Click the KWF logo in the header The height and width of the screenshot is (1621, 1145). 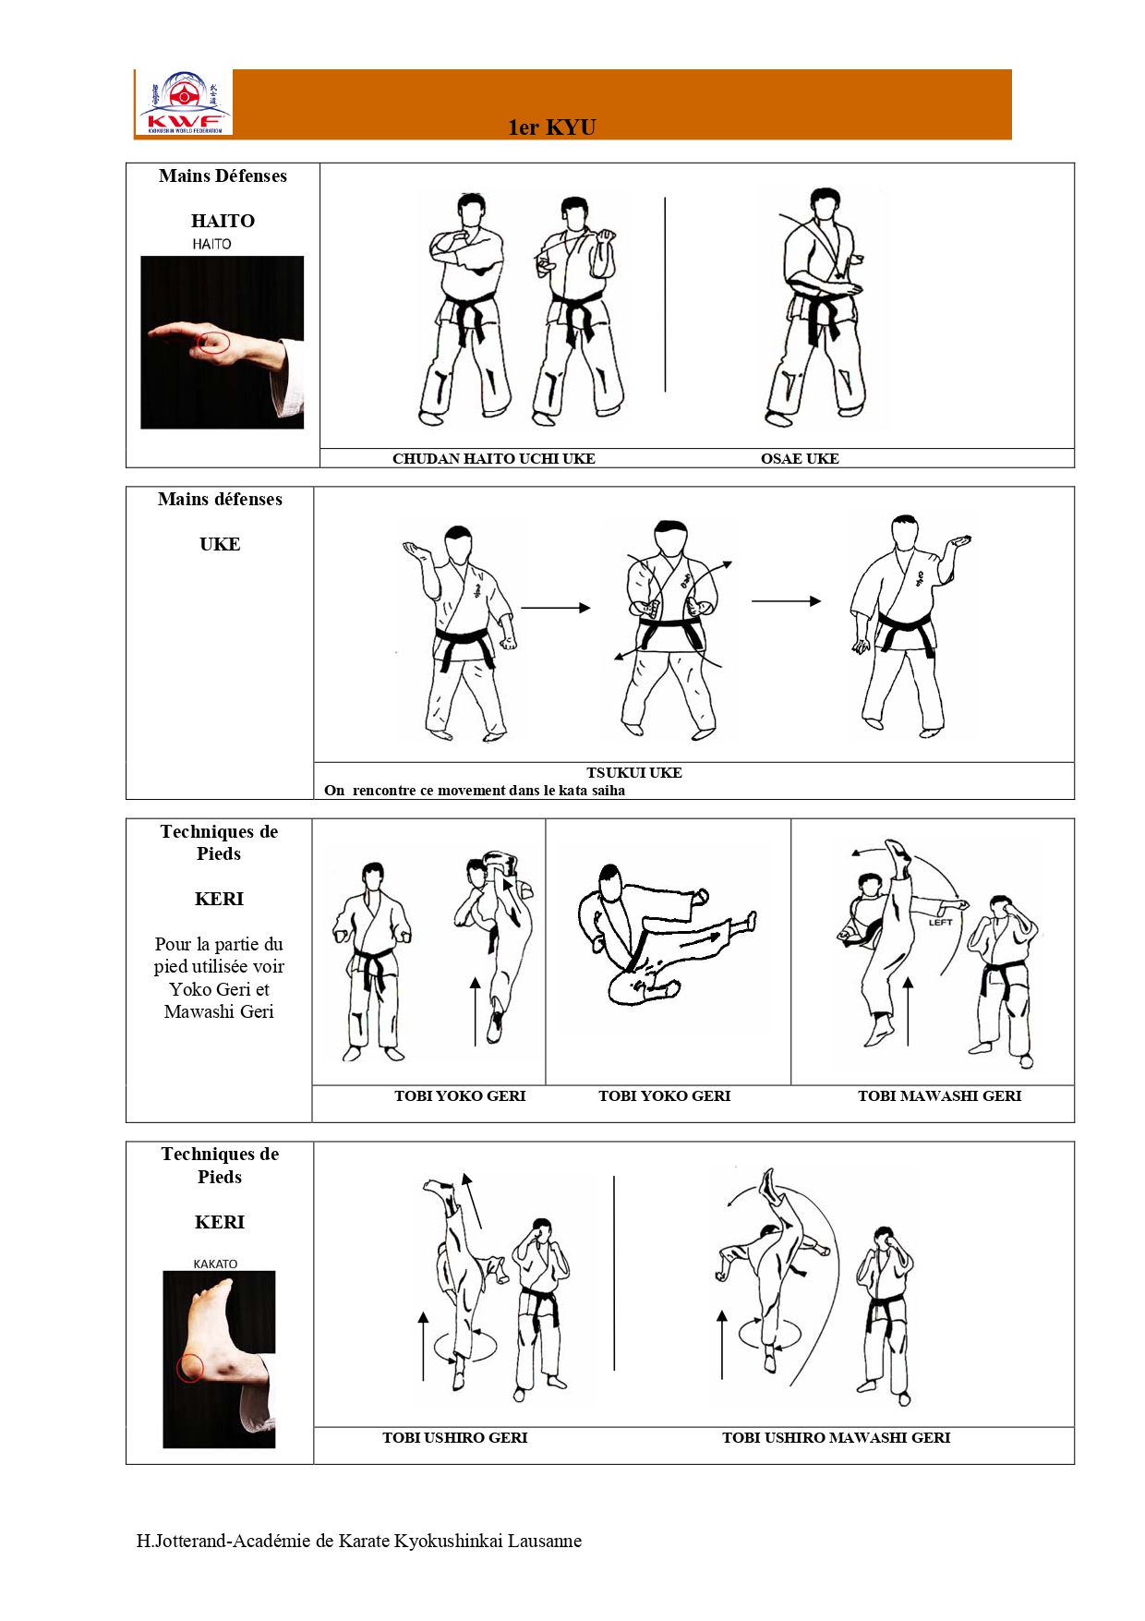click(184, 103)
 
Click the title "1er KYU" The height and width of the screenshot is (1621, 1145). click(552, 127)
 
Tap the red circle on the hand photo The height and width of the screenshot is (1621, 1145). click(213, 342)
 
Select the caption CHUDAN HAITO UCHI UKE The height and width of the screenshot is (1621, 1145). click(494, 458)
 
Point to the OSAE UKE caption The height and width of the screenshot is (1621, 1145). click(800, 458)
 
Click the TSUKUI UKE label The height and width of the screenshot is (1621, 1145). click(634, 772)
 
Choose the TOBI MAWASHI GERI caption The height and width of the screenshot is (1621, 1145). click(939, 1095)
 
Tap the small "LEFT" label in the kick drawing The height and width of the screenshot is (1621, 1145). click(940, 922)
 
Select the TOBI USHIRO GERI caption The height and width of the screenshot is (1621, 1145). click(455, 1437)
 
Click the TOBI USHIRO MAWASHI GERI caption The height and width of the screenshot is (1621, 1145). click(836, 1437)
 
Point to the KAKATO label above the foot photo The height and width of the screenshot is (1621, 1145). click(215, 1264)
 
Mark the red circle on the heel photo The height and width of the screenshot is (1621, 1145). click(190, 1368)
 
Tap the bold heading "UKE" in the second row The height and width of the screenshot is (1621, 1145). click(220, 544)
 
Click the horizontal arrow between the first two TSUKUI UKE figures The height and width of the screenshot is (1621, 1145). click(556, 608)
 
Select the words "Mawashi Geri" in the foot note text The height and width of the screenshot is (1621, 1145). click(219, 1011)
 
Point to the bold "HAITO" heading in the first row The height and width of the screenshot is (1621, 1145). click(223, 221)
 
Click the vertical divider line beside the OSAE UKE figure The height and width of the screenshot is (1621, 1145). click(665, 294)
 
